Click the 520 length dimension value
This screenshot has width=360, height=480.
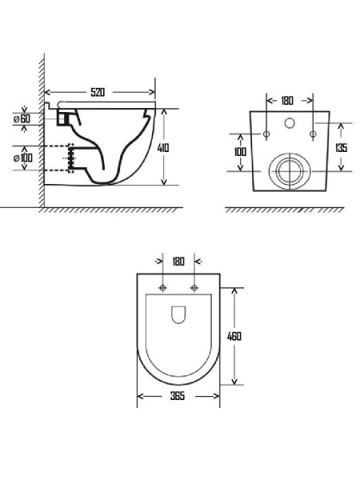pyautogui.click(x=98, y=92)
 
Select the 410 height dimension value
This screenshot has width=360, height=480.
pyautogui.click(x=163, y=148)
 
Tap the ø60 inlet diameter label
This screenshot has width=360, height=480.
pyautogui.click(x=22, y=118)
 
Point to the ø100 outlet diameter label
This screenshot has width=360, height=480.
pyautogui.click(x=23, y=158)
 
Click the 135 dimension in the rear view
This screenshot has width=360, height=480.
pyautogui.click(x=341, y=148)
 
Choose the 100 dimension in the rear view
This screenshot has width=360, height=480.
pyautogui.click(x=240, y=151)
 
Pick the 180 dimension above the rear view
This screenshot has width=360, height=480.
pyautogui.click(x=287, y=101)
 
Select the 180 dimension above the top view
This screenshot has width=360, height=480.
pyautogui.click(x=178, y=262)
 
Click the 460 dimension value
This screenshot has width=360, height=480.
pyautogui.click(x=234, y=336)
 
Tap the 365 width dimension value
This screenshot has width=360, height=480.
pyautogui.click(x=178, y=396)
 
